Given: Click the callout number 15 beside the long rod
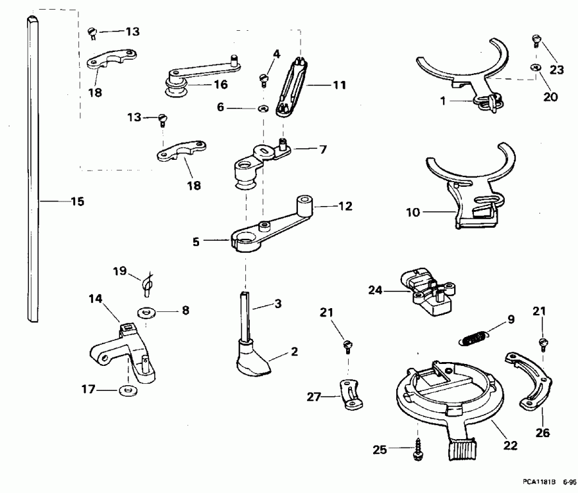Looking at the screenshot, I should pos(76,202).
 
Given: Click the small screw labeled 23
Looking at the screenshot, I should pos(534,42).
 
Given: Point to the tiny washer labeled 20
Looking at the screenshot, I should pos(534,67).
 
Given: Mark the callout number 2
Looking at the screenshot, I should pos(295,351).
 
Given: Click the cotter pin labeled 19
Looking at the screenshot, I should pos(148,283).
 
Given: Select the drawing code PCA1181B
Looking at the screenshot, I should pos(538,480).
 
